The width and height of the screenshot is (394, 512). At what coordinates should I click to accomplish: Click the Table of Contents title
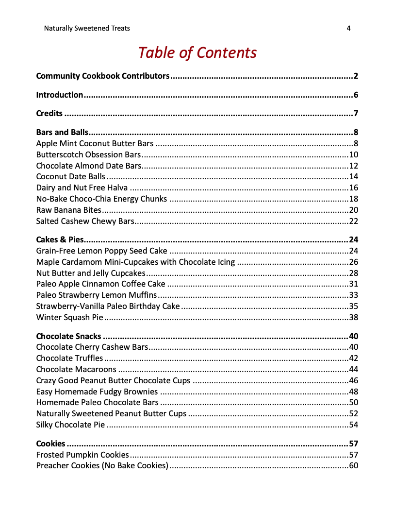coord(197,52)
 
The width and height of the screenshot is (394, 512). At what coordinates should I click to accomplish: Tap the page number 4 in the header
coord(348,28)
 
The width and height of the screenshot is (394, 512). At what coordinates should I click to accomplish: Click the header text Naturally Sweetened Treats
coord(87,28)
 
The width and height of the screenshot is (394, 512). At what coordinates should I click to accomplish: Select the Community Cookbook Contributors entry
coord(103,76)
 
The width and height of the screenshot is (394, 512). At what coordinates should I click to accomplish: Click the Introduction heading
coord(60,95)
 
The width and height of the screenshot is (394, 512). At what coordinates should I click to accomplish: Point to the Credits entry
coord(49,114)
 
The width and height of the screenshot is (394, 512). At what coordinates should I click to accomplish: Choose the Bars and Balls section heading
coord(62,132)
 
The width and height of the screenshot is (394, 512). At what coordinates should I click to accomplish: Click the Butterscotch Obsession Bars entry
coord(88,154)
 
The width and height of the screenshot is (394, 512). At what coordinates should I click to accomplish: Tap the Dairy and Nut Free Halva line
coord(82,188)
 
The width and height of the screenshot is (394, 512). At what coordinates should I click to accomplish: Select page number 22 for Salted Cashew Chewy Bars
coord(353,221)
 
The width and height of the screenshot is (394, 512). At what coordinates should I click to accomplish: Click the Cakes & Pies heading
coord(60,239)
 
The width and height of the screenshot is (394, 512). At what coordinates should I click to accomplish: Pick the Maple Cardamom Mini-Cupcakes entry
coord(135,262)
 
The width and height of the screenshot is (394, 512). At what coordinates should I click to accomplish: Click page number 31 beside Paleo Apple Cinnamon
coord(353,284)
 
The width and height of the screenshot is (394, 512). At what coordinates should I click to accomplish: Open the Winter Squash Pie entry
coord(69,317)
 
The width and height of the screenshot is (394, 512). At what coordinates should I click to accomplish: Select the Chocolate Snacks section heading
coord(68,336)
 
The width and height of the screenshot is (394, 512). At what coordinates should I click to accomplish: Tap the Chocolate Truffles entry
coord(69,358)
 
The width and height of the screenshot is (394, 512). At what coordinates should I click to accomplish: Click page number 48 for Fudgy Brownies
coord(353,392)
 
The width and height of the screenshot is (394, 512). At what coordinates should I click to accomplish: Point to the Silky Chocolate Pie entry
coord(70,425)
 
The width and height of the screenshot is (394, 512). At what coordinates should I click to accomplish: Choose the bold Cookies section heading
coord(50,444)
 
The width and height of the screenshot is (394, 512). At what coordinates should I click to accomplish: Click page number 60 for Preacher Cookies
coord(353,466)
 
